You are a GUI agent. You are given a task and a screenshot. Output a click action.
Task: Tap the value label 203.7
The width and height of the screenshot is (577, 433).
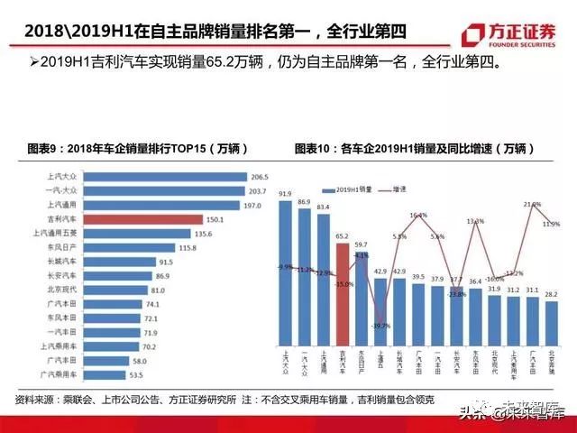(258, 191)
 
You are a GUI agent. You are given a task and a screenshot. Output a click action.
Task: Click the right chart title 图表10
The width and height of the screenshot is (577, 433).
(419, 148)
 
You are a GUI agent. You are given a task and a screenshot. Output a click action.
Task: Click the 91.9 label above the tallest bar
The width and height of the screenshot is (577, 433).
(285, 194)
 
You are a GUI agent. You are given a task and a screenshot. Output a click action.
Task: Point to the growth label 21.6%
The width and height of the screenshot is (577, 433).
(532, 206)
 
